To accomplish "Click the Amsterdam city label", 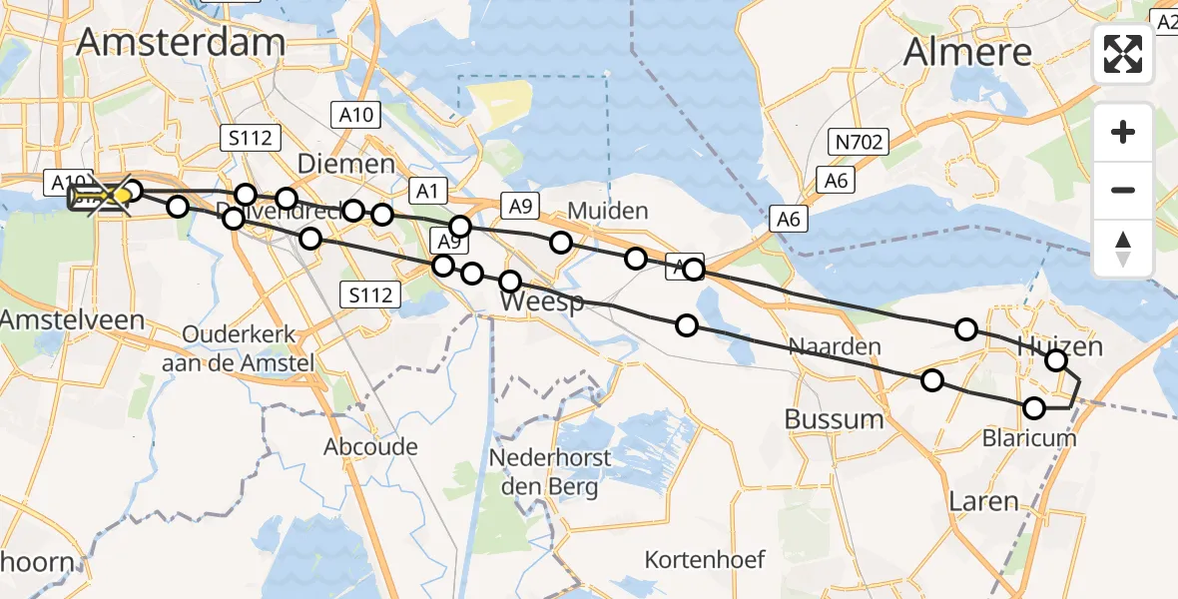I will click(x=181, y=41).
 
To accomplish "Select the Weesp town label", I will click(x=542, y=300).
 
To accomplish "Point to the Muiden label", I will click(x=608, y=211).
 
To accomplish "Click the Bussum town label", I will click(x=835, y=418).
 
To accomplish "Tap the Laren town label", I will click(x=985, y=501).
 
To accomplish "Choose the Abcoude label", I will click(x=370, y=446).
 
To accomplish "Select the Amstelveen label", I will click(x=73, y=320).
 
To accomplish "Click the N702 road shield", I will click(x=860, y=143).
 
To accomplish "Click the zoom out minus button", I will click(x=1123, y=190).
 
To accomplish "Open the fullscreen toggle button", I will click(x=1123, y=54).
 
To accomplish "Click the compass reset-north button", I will click(x=1123, y=248).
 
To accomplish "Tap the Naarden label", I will click(x=835, y=346).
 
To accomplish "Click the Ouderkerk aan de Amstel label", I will click(x=239, y=348).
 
